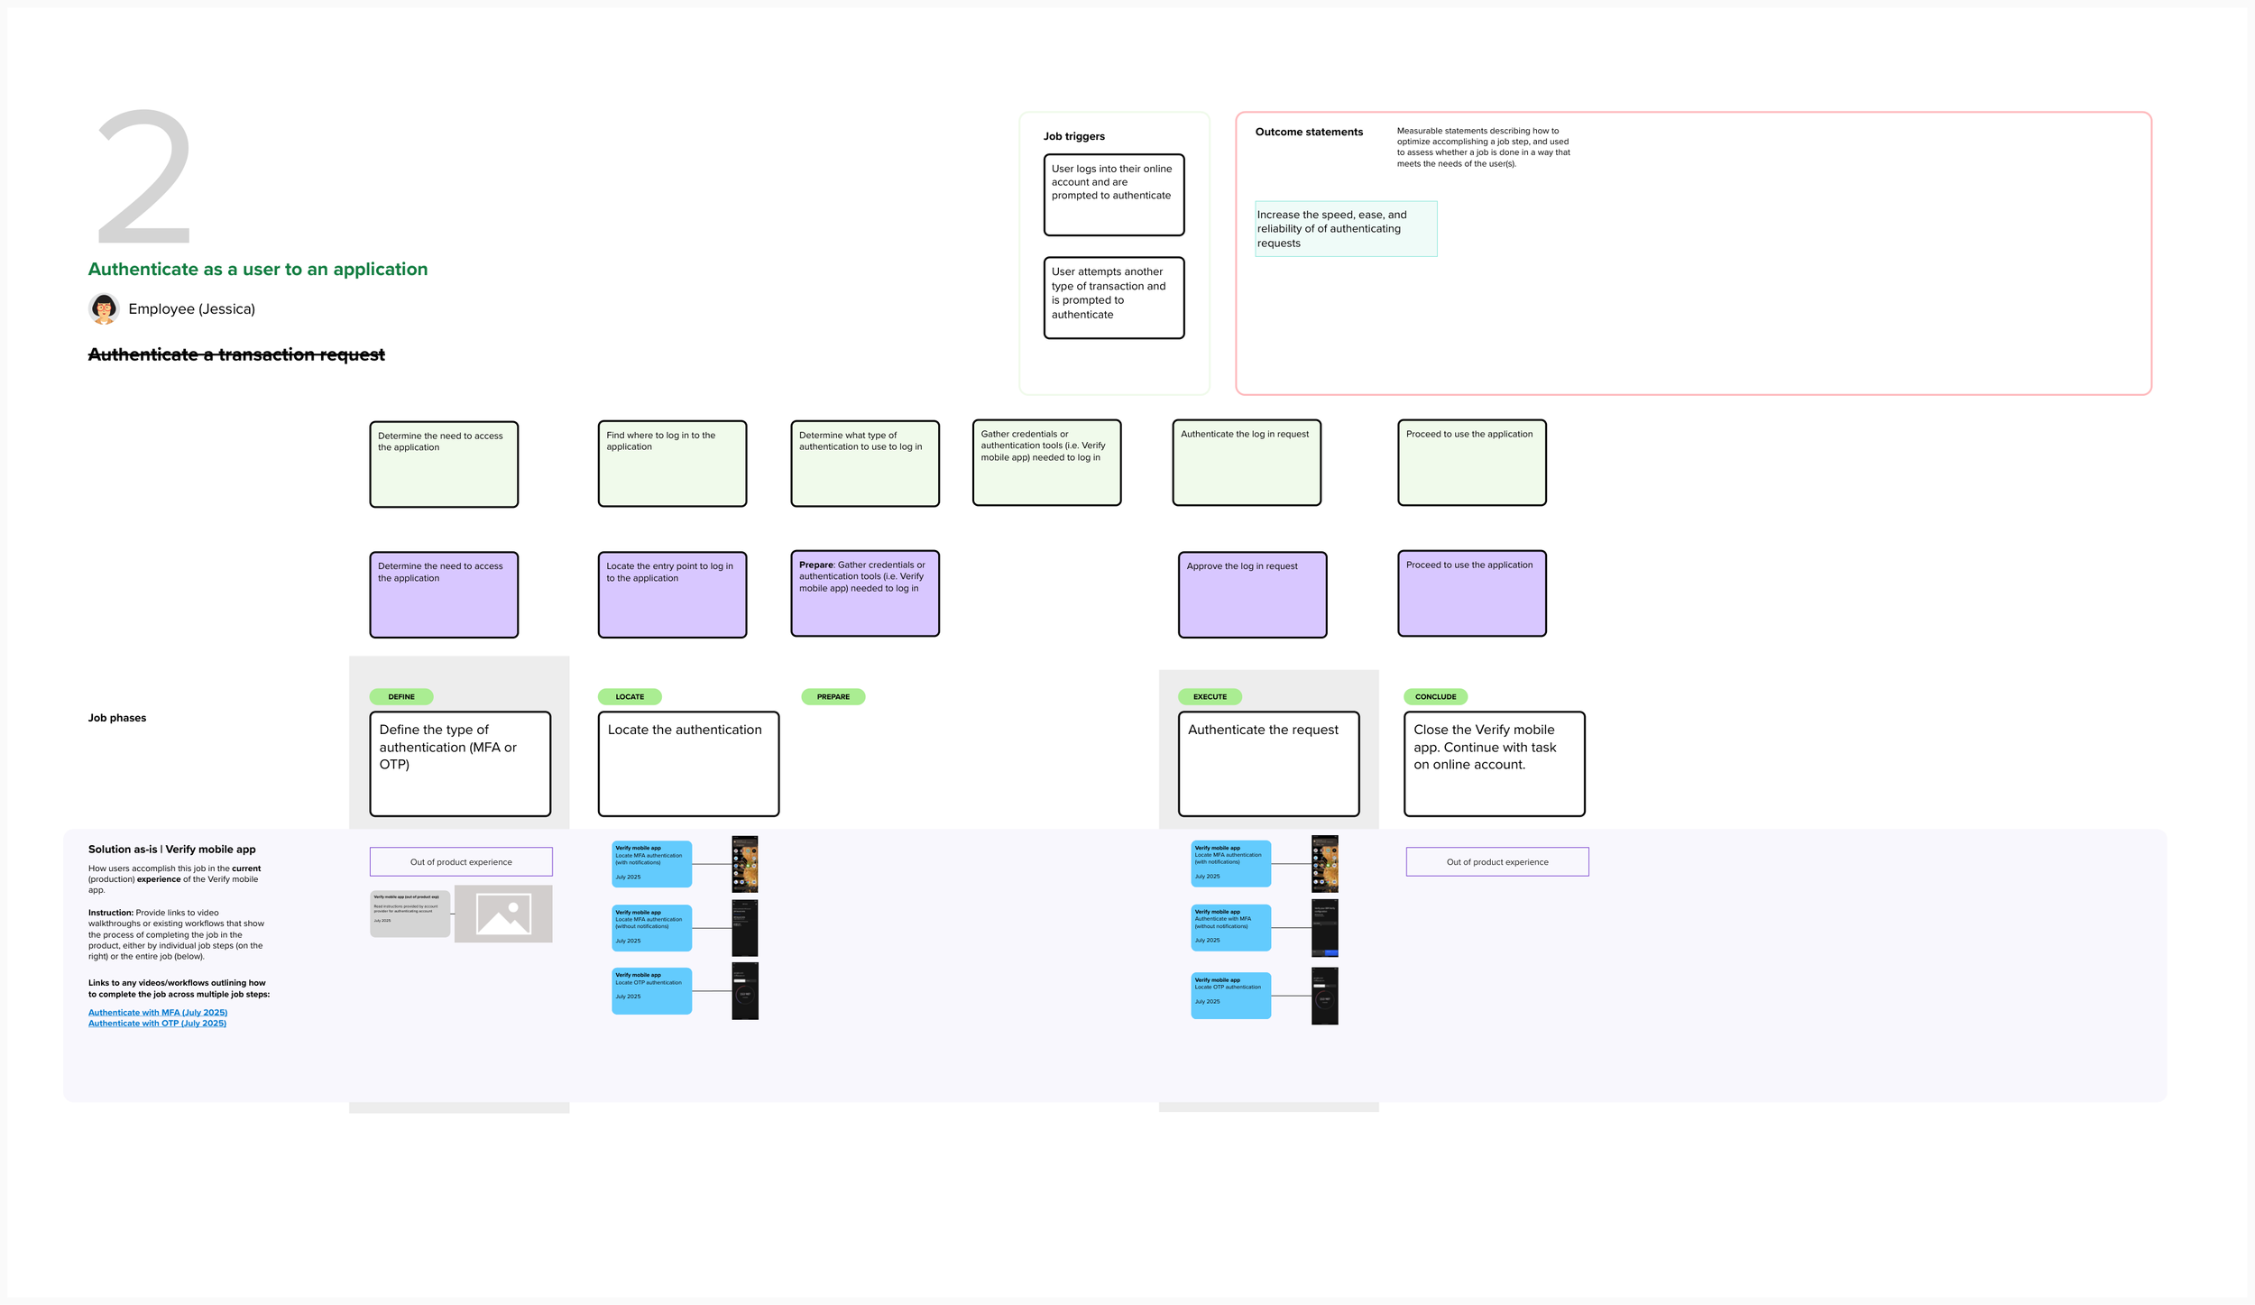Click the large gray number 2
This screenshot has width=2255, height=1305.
coord(144,177)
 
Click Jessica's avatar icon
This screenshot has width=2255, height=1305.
coord(104,308)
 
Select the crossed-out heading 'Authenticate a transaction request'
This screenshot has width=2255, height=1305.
coord(236,354)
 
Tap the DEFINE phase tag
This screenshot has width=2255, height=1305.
coord(401,696)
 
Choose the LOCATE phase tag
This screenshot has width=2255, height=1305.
coord(630,696)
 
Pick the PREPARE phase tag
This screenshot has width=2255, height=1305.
coord(833,696)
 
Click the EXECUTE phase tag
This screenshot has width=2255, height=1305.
coord(1210,696)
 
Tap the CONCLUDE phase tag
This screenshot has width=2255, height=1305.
coord(1435,696)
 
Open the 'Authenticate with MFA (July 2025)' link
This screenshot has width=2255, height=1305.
coord(158,1012)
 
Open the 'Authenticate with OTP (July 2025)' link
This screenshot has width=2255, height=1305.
coord(158,1023)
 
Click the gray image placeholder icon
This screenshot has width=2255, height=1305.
coord(503,914)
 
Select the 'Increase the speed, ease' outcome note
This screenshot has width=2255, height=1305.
coord(1345,229)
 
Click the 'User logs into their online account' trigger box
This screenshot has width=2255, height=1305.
coord(1113,195)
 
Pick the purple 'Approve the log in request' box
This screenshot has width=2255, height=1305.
coord(1252,594)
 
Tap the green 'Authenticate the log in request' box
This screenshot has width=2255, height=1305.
coord(1247,463)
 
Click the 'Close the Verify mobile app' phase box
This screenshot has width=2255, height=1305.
coord(1494,763)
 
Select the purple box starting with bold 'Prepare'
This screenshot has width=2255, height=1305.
coord(864,593)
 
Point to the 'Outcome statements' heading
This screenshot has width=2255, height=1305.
coord(1309,132)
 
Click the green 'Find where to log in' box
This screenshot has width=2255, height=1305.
coord(672,464)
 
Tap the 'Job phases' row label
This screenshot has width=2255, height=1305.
coord(117,718)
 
